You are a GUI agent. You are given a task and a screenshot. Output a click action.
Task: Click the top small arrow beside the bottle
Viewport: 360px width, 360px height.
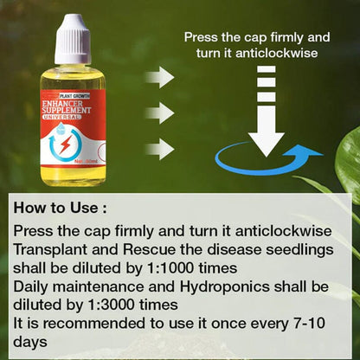tap(158, 79)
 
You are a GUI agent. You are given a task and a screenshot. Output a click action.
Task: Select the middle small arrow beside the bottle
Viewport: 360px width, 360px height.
tap(158, 112)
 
